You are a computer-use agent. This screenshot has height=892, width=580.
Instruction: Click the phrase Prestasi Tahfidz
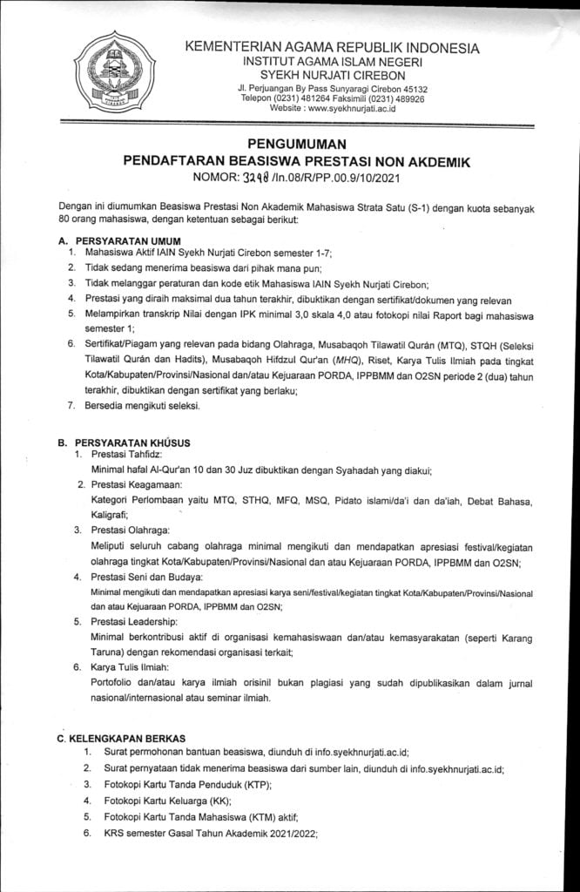click(x=125, y=455)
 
